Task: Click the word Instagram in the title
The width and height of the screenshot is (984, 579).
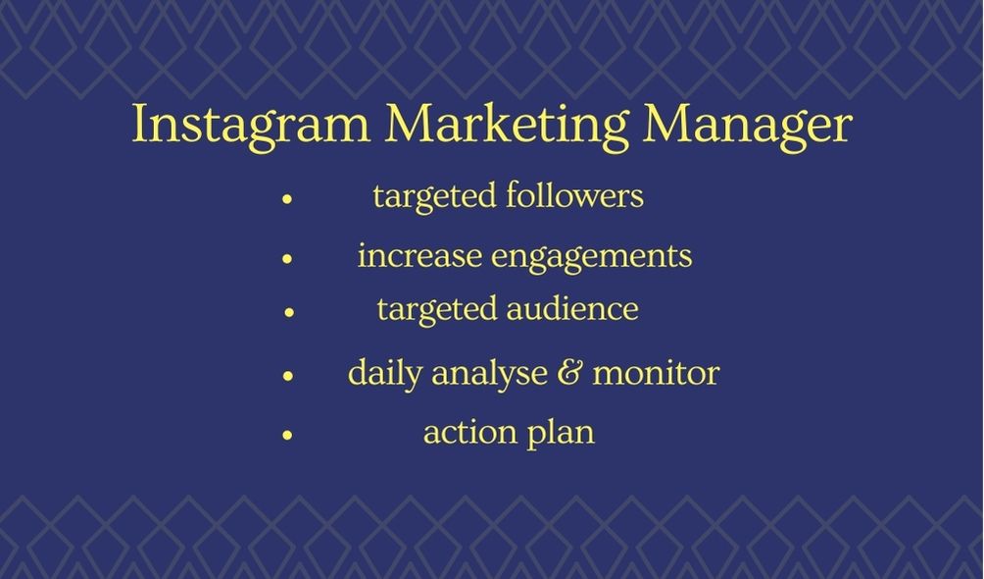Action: click(x=251, y=126)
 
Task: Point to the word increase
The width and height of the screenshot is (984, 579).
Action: click(x=419, y=256)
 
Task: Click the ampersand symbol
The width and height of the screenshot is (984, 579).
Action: click(x=567, y=373)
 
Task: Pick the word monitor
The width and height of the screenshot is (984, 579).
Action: click(x=656, y=373)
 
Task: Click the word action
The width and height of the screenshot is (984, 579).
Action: click(x=465, y=432)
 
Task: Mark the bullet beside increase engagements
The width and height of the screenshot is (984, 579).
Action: click(x=287, y=259)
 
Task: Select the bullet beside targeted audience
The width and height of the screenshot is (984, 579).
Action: click(x=289, y=312)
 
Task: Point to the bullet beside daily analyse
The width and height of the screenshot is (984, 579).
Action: click(x=287, y=375)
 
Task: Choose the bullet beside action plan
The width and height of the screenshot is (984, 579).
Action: click(x=287, y=433)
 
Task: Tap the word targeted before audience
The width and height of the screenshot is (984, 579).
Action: click(x=437, y=309)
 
